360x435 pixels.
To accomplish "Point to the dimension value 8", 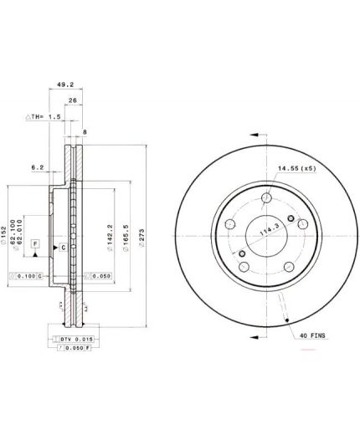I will click(85, 131).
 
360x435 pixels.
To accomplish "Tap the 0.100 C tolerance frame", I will click(24, 275).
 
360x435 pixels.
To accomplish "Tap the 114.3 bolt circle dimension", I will click(268, 232).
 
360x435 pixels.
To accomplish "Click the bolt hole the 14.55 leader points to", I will click(265, 199).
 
